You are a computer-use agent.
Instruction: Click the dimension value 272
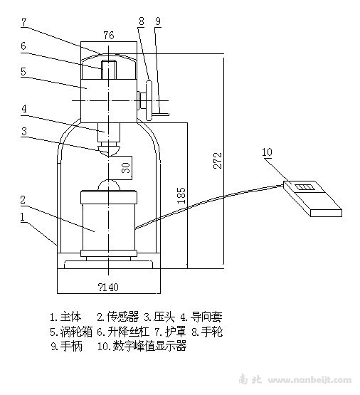(218, 160)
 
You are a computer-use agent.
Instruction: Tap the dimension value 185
(181, 195)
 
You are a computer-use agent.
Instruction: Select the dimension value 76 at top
(109, 36)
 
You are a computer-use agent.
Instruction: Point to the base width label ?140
(107, 287)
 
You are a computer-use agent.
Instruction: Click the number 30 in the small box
(127, 168)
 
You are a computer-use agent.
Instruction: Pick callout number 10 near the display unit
(268, 152)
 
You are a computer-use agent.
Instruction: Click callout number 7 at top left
(23, 23)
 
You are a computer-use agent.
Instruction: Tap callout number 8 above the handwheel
(142, 21)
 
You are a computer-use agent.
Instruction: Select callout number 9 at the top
(158, 21)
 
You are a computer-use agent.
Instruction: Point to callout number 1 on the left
(23, 217)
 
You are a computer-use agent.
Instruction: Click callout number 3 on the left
(24, 132)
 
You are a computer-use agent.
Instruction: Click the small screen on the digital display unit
(305, 187)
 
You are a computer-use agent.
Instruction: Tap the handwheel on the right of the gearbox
(149, 101)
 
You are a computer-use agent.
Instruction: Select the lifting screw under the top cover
(108, 70)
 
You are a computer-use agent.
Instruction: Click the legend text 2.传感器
(118, 317)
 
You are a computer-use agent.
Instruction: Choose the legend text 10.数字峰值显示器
(142, 346)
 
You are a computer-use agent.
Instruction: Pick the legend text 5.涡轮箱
(71, 332)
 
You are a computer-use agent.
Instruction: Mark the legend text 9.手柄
(66, 347)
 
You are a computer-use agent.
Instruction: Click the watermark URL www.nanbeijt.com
(309, 380)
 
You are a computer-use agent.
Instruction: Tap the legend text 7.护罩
(170, 332)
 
